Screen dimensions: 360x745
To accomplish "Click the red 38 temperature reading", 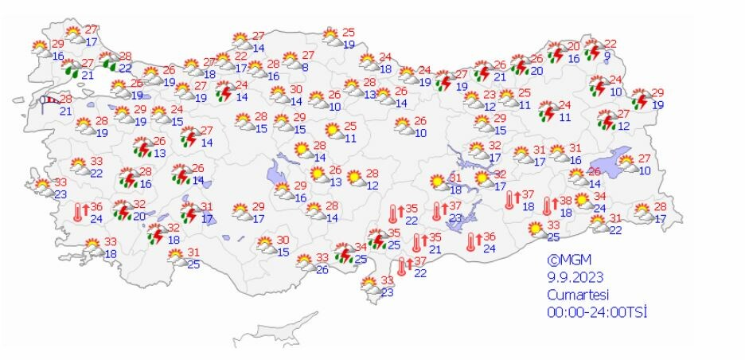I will point(565,201).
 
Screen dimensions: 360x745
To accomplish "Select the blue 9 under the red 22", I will point(607,55).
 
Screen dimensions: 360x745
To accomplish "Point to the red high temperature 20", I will point(573,46).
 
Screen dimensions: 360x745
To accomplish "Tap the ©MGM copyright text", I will point(568,260).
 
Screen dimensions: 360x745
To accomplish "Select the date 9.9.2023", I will point(575,277).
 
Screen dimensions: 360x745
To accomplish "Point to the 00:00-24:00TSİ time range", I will point(596,311).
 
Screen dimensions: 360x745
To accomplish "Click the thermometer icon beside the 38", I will point(548,205).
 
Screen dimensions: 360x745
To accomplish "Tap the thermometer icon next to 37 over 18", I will point(509,200).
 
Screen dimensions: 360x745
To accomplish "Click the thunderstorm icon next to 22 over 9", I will point(592,50).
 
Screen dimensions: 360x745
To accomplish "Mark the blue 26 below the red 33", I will point(322,269).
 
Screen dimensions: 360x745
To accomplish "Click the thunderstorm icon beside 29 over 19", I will point(640,100).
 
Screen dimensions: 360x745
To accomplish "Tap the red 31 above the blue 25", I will point(192,252).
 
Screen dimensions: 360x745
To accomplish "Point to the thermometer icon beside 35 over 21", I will point(417,243).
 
